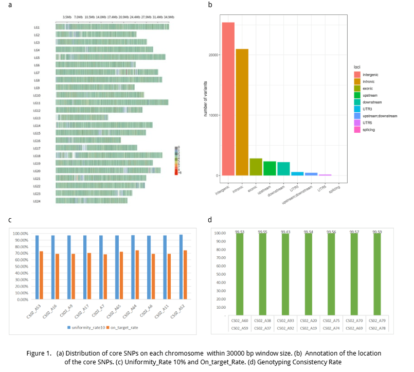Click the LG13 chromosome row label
point(37,118)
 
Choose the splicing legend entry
point(368,130)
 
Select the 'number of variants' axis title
point(206,99)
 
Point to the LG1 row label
point(37,27)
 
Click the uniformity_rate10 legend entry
point(89,326)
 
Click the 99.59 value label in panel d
point(377,233)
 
